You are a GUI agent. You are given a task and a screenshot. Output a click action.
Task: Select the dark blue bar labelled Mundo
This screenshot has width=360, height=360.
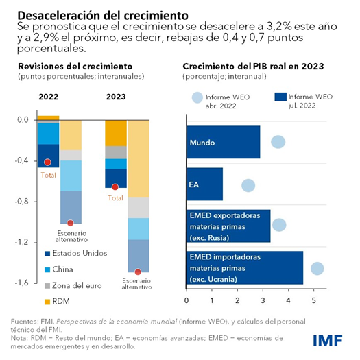pos(223,143)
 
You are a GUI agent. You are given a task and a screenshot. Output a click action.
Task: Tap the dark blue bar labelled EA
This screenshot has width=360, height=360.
pos(204,184)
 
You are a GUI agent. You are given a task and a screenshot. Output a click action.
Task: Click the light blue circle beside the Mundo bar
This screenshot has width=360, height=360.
pos(278,142)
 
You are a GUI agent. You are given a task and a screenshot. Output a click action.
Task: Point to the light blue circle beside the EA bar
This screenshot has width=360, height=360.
pos(248,185)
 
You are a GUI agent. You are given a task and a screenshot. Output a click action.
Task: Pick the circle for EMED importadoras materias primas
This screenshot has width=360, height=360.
pos(317,268)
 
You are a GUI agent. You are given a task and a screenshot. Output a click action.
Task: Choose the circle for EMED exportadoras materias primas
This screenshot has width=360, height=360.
pos(279,225)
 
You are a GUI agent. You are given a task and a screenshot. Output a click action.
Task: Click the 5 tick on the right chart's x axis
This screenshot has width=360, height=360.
pos(313,300)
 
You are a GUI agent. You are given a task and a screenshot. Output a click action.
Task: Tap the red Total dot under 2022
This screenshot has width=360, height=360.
pos(47,163)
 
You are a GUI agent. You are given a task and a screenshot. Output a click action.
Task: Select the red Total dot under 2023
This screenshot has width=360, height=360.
pos(115,187)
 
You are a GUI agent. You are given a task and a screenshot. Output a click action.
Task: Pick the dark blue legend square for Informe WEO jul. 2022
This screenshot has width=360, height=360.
pos(279,97)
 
